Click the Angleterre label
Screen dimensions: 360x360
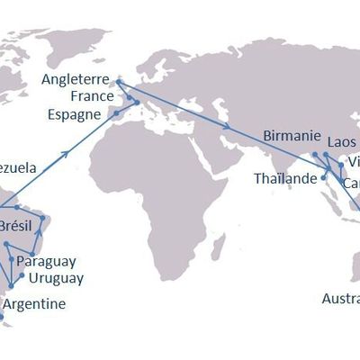(76, 79)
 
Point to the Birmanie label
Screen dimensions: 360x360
(292, 136)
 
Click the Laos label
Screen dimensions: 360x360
(342, 141)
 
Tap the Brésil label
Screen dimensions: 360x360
(18, 225)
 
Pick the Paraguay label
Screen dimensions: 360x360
(46, 261)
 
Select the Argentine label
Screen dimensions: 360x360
(34, 304)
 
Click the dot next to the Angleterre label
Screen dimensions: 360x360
(118, 80)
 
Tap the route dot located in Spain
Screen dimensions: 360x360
(114, 113)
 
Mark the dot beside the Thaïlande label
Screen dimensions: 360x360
(323, 178)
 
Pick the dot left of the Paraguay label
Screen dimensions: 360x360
(11, 259)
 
